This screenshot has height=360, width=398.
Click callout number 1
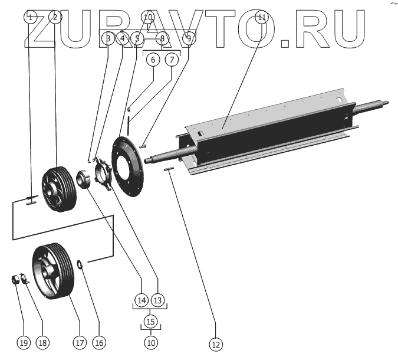(x=29, y=18)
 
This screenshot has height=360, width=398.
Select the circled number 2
(x=55, y=18)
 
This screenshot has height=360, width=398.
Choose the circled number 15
(x=151, y=322)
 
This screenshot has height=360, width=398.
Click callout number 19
(x=24, y=342)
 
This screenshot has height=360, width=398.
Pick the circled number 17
(x=80, y=342)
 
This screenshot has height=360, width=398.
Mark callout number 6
(x=152, y=60)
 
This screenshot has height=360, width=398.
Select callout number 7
(x=172, y=60)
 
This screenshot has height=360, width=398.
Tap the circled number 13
(x=157, y=300)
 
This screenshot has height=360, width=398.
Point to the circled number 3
(x=107, y=39)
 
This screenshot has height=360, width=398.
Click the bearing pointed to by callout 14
(x=82, y=178)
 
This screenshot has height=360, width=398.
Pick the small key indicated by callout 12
(x=168, y=169)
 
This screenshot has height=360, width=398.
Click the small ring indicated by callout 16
(x=81, y=263)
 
